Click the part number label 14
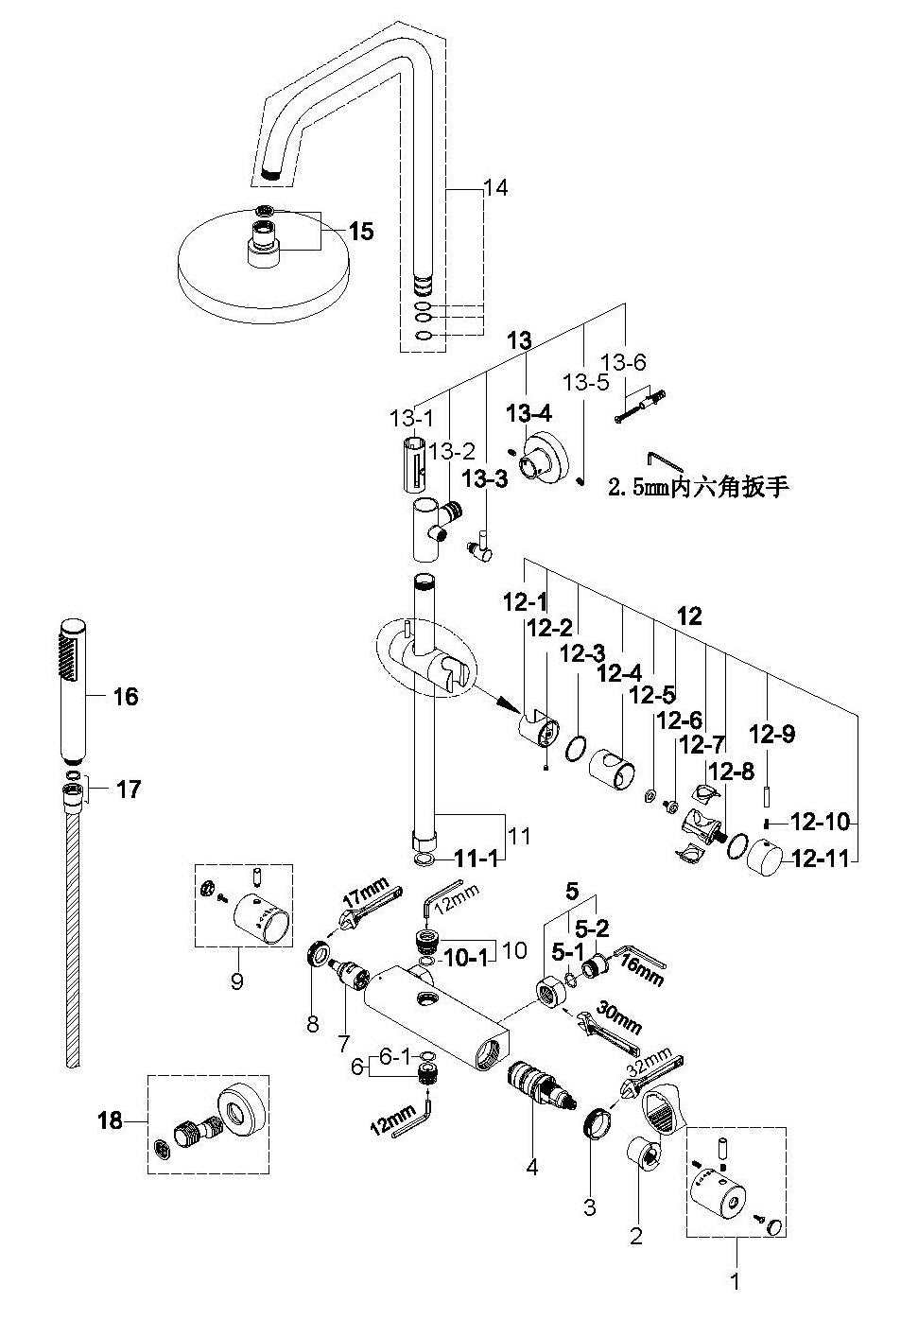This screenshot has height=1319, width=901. [x=495, y=188]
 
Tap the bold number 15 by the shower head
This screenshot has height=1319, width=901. [x=360, y=231]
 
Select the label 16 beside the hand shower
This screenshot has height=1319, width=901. [x=125, y=697]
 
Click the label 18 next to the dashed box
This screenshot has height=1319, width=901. [x=111, y=1120]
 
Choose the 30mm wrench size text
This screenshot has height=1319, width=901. [x=618, y=1018]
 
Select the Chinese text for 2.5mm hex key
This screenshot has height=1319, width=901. [x=698, y=488]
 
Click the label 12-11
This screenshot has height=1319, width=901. [x=821, y=859]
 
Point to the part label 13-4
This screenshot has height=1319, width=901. [x=528, y=412]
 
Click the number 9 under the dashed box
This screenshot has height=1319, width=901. [x=236, y=981]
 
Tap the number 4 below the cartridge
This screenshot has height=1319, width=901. [x=531, y=1168]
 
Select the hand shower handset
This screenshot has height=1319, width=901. [x=73, y=690]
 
